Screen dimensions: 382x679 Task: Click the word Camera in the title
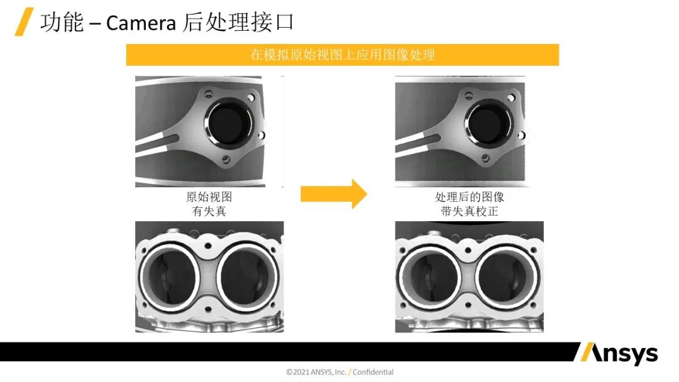click(141, 23)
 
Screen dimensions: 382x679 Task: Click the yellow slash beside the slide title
click(24, 23)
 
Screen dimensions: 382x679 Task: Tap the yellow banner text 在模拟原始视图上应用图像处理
click(343, 55)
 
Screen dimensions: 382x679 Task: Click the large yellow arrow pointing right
click(333, 194)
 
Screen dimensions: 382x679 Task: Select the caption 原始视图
click(209, 197)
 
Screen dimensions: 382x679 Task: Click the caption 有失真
click(209, 211)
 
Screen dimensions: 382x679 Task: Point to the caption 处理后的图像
click(469, 197)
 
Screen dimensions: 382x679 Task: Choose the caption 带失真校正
click(469, 211)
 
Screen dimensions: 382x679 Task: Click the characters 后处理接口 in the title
click(238, 23)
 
